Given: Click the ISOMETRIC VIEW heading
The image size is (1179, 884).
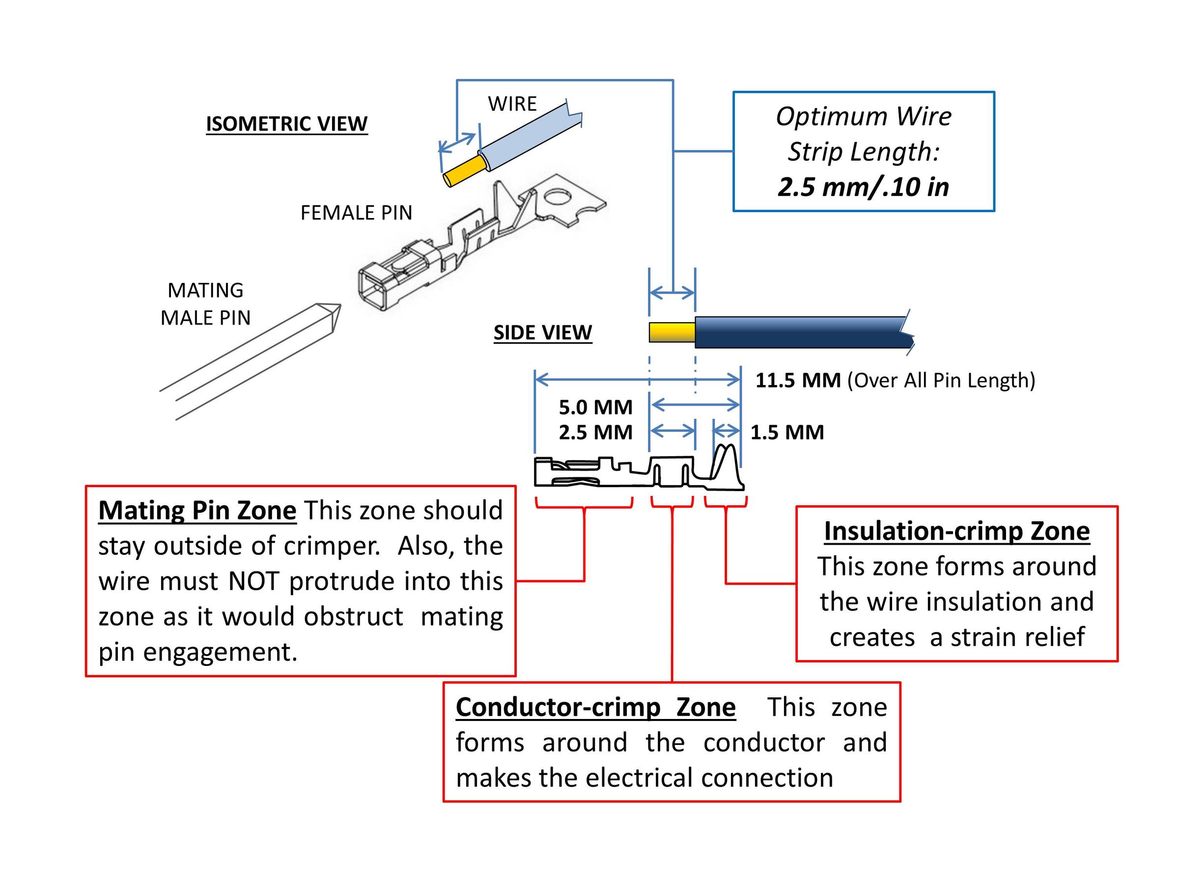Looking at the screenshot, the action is coord(287,124).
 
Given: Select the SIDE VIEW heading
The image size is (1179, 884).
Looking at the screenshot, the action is coord(543,332).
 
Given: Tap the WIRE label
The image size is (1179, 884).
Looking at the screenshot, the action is coord(512,104).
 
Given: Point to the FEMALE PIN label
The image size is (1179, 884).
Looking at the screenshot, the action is coord(357,213).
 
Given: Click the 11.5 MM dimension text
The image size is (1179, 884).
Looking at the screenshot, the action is coord(798,381).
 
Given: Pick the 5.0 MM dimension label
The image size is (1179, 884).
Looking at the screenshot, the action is coord(595,407).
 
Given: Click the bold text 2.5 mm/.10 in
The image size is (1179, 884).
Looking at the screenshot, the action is coord(864,187).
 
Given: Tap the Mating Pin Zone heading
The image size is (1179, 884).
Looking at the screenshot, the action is coord(197,510).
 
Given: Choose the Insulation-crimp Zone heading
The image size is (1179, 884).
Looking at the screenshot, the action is coord(957,531).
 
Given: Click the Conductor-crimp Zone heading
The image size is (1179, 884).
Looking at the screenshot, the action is coord(596,707).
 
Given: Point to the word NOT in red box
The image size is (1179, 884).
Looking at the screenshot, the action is coord(253,581).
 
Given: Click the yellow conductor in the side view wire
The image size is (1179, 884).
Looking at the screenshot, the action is coord(672,332).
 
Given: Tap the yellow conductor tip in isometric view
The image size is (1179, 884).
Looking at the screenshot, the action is coord(464,171).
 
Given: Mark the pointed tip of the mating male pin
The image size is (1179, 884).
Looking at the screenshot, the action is coord(340,305).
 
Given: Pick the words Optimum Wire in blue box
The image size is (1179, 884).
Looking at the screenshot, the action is coord(864,117).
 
